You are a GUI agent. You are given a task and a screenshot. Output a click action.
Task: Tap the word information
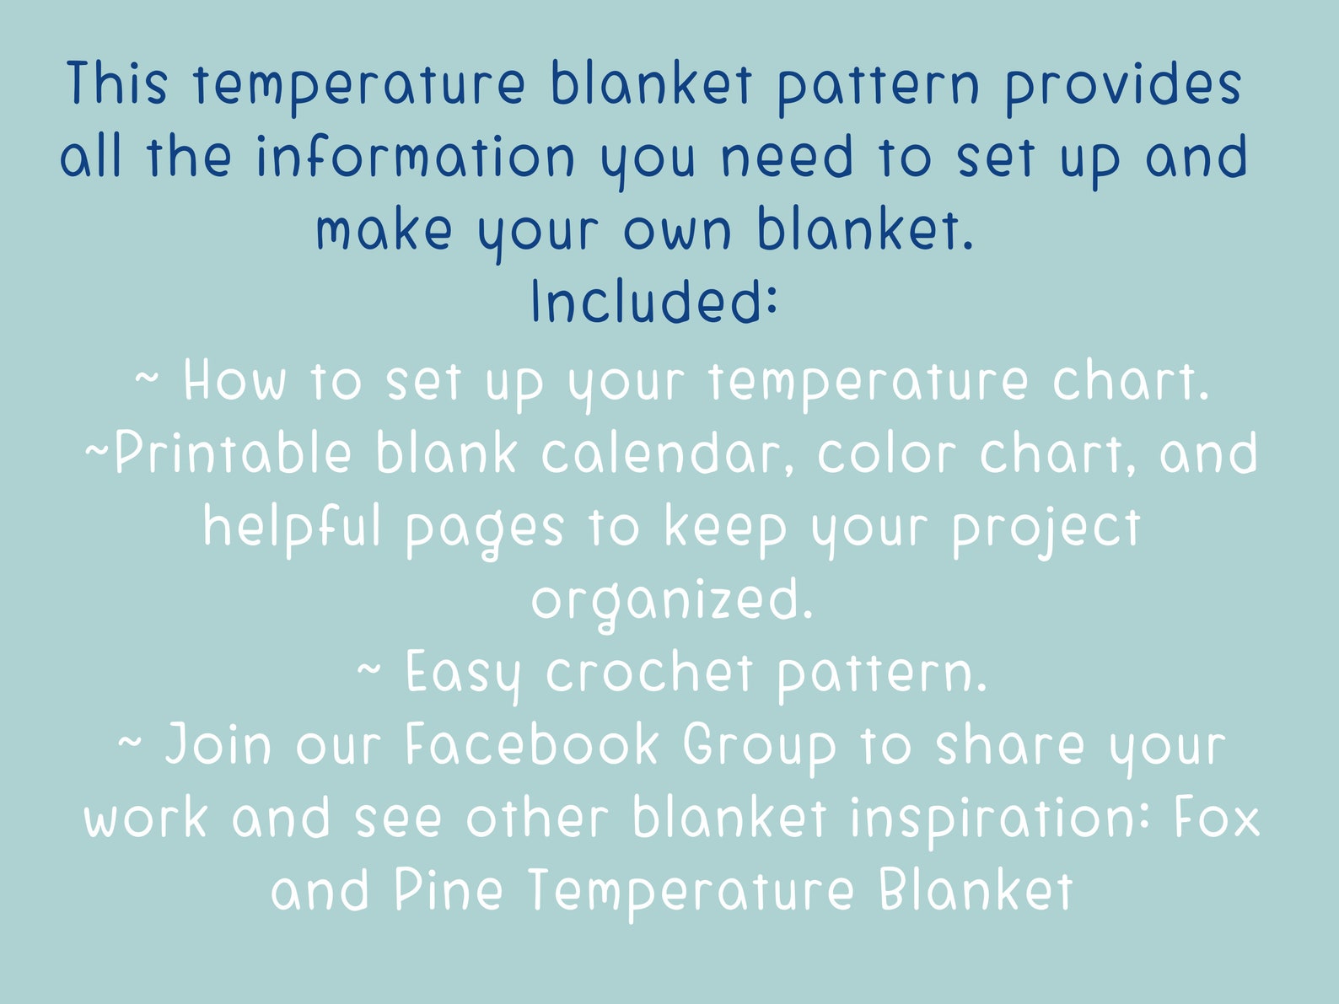[x=416, y=158]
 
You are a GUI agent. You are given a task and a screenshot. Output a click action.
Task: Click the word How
[x=234, y=381]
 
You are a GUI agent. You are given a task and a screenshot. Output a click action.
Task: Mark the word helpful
[x=292, y=528]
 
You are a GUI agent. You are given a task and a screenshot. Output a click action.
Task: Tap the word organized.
[x=672, y=601]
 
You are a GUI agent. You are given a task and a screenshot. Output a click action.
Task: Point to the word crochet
[x=648, y=673]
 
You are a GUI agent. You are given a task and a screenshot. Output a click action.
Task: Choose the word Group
[x=759, y=747]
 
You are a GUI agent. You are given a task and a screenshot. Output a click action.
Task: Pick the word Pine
[x=449, y=891]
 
